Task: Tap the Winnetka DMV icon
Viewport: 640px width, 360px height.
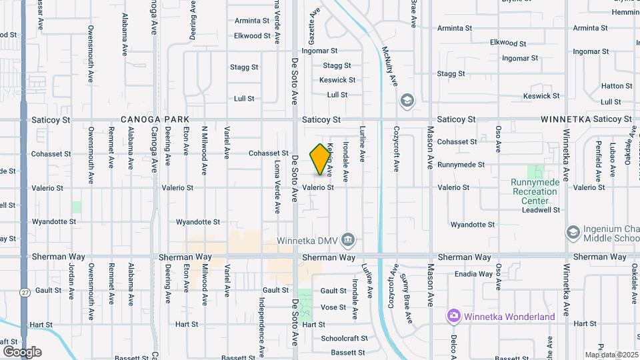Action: (348, 239)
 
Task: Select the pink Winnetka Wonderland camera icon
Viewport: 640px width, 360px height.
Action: (454, 316)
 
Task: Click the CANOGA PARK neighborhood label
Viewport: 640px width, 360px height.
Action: (156, 119)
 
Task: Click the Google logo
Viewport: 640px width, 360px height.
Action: (22, 351)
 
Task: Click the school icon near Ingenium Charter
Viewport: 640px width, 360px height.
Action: (572, 232)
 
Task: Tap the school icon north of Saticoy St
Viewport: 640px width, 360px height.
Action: (406, 101)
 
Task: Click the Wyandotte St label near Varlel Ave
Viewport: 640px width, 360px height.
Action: (197, 222)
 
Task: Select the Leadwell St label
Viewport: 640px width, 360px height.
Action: (541, 209)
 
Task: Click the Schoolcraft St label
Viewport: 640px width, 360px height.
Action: (343, 339)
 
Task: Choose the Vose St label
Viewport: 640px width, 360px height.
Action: (333, 307)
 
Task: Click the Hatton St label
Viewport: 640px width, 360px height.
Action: (616, 86)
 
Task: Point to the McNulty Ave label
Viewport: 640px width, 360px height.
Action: (389, 65)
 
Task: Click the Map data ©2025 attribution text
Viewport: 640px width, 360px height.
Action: (611, 355)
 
